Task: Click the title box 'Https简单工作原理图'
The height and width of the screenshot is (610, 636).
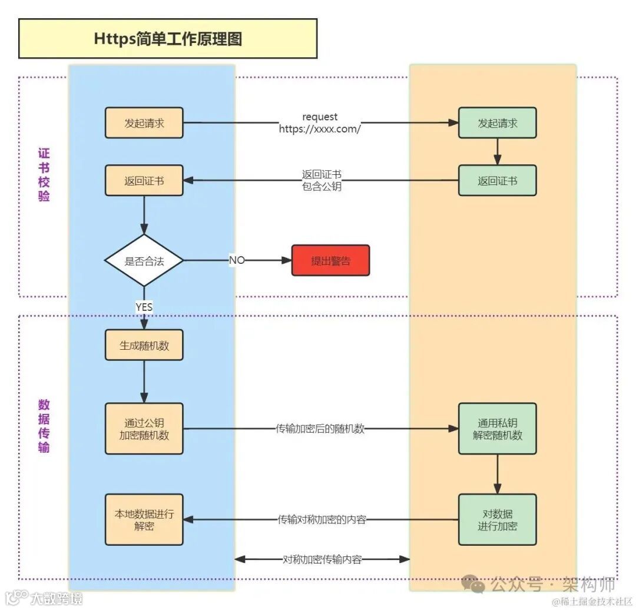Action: (168, 39)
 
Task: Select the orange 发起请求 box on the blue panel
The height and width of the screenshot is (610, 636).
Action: (144, 123)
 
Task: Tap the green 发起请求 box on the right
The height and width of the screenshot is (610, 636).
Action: (498, 123)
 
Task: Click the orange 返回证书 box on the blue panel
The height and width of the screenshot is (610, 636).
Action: (144, 181)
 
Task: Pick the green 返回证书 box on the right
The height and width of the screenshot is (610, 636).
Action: (498, 181)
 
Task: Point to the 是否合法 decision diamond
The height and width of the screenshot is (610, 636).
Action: (144, 261)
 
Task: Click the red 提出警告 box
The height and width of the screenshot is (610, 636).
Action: (330, 261)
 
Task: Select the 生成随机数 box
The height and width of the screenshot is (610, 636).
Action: (144, 346)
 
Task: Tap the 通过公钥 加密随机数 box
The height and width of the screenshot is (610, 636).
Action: (144, 429)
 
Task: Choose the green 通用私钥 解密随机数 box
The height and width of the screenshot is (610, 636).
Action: (498, 429)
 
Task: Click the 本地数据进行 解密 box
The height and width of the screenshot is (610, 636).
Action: (144, 519)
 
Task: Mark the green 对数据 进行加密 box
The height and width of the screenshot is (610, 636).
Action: (498, 519)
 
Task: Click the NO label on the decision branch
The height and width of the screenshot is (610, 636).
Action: (237, 260)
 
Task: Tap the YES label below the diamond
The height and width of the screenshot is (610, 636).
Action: (144, 307)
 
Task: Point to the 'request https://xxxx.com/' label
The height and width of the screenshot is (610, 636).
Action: (320, 123)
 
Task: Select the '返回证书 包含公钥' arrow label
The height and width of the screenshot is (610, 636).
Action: (322, 181)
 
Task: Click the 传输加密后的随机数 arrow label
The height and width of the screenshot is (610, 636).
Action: (320, 429)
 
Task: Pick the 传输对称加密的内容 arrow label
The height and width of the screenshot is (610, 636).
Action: (322, 520)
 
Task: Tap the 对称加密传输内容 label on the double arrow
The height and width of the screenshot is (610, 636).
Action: (322, 559)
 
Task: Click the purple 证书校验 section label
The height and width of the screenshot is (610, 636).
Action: (44, 175)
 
